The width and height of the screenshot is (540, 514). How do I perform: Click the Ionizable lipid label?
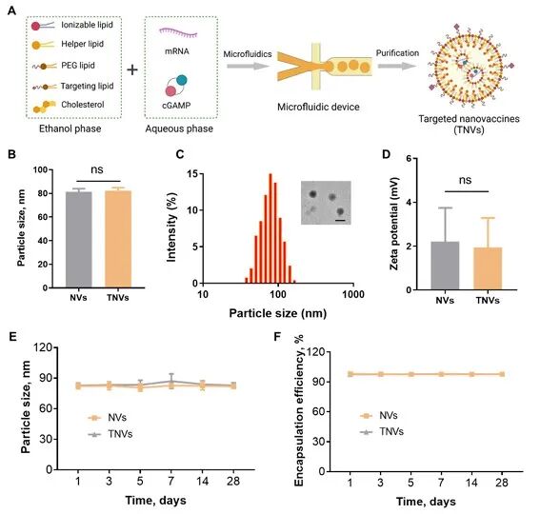click(87, 25)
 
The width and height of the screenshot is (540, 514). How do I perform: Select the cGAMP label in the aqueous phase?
click(176, 105)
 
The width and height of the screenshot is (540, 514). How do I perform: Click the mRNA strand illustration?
click(178, 32)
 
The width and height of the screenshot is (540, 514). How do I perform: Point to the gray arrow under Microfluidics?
click(248, 66)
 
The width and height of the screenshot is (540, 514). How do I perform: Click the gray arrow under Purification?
click(397, 66)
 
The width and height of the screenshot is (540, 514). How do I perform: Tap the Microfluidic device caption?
click(318, 107)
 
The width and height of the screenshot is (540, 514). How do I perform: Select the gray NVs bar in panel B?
click(79, 240)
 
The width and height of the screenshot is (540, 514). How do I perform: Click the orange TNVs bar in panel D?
click(488, 268)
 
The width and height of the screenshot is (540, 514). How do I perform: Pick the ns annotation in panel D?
click(466, 180)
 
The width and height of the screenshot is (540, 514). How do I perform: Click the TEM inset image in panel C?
click(326, 203)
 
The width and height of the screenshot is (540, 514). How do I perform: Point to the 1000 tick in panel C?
click(353, 294)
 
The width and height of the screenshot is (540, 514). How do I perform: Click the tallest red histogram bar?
click(270, 228)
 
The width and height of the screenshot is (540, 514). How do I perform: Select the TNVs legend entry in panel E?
click(110, 434)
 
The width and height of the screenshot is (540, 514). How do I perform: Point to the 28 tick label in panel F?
click(502, 483)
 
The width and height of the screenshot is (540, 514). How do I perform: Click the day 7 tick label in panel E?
click(170, 481)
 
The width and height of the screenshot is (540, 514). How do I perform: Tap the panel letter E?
click(12, 336)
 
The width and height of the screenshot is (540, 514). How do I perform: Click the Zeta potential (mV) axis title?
click(394, 224)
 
